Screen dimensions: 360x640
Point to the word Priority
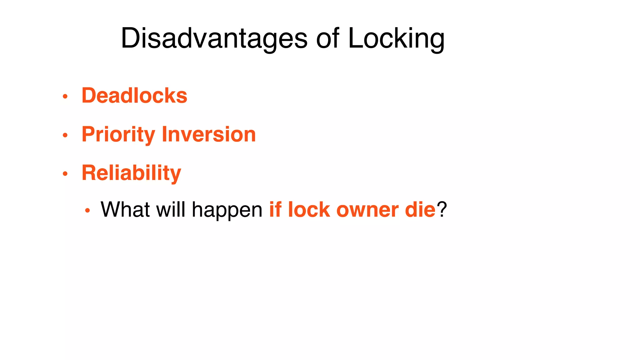tap(118, 134)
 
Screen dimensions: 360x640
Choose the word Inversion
tap(209, 134)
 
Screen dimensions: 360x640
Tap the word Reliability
tap(131, 173)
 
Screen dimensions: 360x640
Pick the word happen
tap(227, 210)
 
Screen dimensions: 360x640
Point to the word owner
tap(367, 210)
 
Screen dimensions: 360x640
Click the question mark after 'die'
tap(442, 209)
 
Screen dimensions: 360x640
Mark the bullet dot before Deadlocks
tap(65, 96)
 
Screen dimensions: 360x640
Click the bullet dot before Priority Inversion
tap(65, 135)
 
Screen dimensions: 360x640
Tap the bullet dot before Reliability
tap(65, 174)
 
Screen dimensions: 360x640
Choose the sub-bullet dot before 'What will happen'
tap(87, 211)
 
